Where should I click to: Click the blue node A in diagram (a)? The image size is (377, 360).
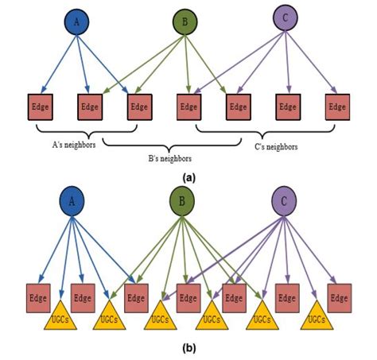pyautogui.click(x=76, y=23)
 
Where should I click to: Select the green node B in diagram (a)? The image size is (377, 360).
pyautogui.click(x=185, y=23)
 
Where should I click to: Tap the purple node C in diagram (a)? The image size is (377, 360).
pyautogui.click(x=284, y=17)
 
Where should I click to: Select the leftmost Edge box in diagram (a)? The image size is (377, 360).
pyautogui.click(x=41, y=106)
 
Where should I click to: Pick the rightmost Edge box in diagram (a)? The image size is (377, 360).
pyautogui.click(x=338, y=106)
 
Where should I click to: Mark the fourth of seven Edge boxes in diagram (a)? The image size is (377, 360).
pyautogui.click(x=188, y=106)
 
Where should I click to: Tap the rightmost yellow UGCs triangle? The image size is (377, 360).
pyautogui.click(x=317, y=317)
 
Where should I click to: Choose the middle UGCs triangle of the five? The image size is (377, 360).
pyautogui.click(x=212, y=317)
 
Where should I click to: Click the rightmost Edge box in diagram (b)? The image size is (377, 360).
pyautogui.click(x=338, y=297)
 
